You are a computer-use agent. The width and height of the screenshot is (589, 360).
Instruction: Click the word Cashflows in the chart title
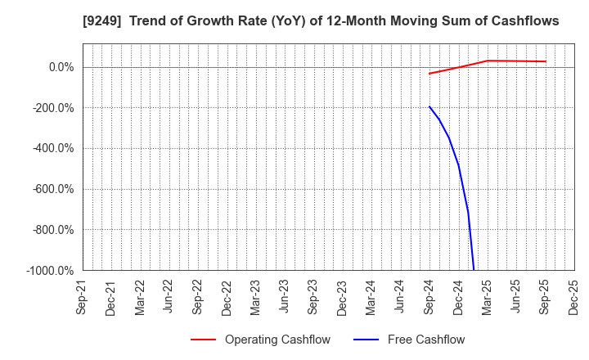[520, 21]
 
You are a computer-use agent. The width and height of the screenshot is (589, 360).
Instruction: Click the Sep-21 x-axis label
[83, 296]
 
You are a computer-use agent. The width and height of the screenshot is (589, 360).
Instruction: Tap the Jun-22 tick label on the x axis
[169, 296]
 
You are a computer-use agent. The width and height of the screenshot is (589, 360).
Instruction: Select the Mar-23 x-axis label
[256, 296]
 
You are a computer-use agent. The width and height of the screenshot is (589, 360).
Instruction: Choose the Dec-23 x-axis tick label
[343, 296]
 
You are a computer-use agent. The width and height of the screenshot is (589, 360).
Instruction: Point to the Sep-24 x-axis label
[429, 296]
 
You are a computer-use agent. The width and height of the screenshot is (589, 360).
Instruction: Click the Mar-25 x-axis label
[488, 296]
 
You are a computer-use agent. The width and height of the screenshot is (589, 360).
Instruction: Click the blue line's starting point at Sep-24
[429, 106]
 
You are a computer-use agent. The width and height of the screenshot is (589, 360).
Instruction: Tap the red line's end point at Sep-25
[546, 61]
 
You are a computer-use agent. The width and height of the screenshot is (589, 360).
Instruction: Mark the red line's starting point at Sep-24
[429, 74]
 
